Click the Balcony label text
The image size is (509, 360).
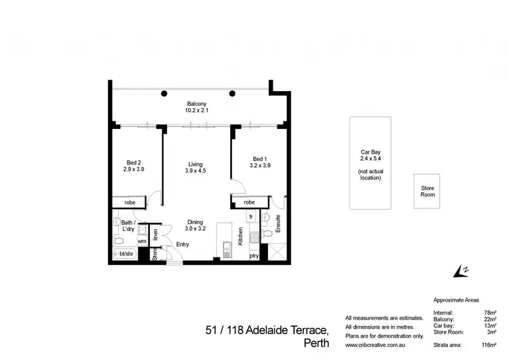[197, 103]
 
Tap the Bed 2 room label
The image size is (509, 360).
[134, 162]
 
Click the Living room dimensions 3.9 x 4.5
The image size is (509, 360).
[196, 171]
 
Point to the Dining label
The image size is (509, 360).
[196, 221]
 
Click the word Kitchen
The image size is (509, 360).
[240, 236]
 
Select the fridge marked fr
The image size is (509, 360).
[251, 217]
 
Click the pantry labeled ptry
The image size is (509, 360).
[253, 256]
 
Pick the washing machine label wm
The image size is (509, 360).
[142, 240]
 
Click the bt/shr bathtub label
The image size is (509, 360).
[127, 254]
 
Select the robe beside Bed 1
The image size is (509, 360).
[249, 202]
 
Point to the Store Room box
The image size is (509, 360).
[427, 191]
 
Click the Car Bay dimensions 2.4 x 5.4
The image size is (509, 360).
[370, 158]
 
